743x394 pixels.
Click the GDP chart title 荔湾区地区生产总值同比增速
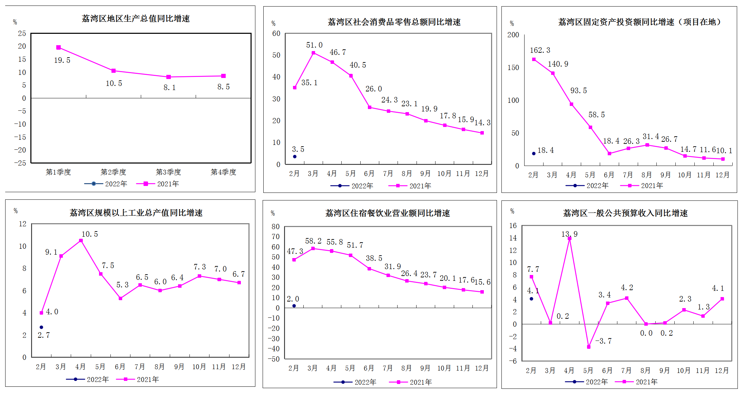136,19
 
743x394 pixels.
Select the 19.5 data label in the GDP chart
62,60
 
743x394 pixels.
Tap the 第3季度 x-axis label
168,172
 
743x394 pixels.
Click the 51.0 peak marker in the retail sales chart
313,53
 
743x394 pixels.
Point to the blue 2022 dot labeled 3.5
295,157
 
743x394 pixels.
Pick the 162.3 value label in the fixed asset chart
540,50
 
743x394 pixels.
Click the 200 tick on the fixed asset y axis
513,35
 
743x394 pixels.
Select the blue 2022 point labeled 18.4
534,154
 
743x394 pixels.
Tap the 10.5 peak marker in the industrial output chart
81,240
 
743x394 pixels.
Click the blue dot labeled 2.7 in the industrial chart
41,327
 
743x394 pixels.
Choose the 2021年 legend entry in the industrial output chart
138,380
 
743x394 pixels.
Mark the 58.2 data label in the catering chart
313,241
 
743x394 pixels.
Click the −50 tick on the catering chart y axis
275,359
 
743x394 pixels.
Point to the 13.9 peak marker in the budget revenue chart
569,238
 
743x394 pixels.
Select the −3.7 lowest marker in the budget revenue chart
589,347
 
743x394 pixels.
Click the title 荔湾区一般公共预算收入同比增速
625,213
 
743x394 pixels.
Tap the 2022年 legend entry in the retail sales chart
352,186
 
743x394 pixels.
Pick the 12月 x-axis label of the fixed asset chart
722,175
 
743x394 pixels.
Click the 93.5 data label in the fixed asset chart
579,91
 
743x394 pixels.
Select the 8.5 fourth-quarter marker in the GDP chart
224,76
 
